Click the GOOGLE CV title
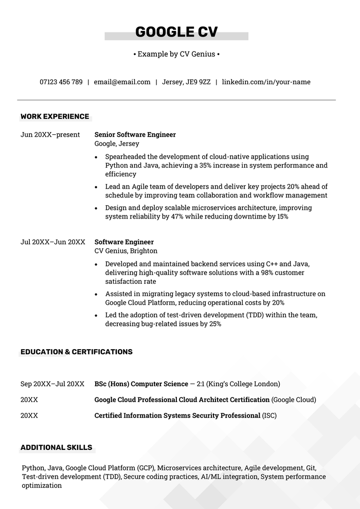click(x=176, y=32)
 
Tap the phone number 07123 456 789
click(x=61, y=82)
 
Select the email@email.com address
click(x=122, y=82)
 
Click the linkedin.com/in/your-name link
click(x=266, y=82)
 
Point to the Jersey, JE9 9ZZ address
click(x=186, y=82)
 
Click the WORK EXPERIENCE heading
click(x=55, y=117)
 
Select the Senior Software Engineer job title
click(x=135, y=135)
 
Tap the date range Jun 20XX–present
click(x=50, y=135)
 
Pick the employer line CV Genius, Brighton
click(x=126, y=251)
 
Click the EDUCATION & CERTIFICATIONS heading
click(x=76, y=352)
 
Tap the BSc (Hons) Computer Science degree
click(x=141, y=384)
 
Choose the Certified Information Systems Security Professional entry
click(x=177, y=415)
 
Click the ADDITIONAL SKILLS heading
click(x=56, y=448)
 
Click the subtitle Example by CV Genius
click(x=176, y=54)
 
